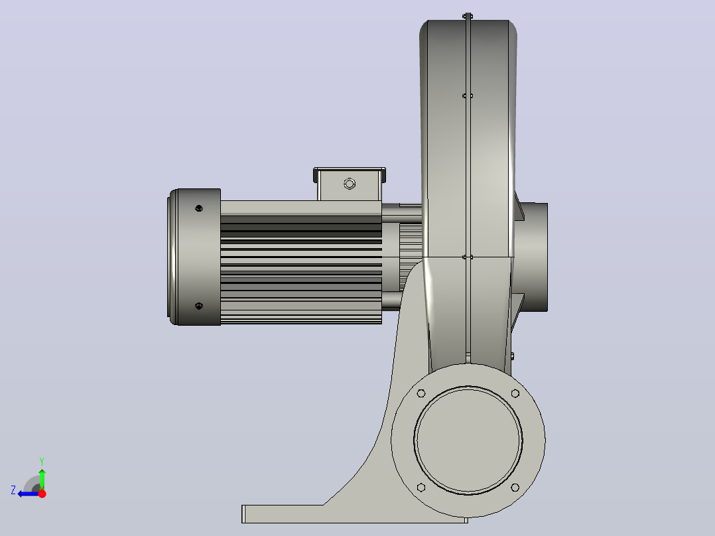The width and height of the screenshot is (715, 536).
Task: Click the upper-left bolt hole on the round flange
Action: [421, 393]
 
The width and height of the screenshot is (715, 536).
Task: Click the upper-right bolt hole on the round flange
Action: [515, 393]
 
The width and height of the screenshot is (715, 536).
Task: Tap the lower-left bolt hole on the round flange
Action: [421, 488]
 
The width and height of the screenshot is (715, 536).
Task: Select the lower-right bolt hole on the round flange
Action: [515, 488]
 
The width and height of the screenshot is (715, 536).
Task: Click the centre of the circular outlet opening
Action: [468, 440]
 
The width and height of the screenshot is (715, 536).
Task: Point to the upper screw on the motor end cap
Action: [199, 208]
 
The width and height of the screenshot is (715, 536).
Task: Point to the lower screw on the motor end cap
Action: [199, 306]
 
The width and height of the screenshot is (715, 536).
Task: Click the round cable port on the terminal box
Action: [350, 184]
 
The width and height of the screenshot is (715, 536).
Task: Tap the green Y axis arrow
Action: [42, 477]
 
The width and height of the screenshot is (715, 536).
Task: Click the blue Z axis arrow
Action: [29, 494]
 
